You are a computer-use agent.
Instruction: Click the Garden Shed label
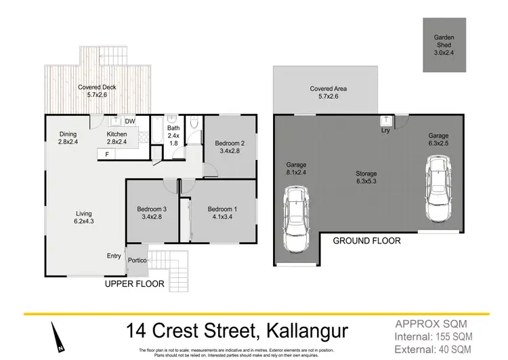pos(444,43)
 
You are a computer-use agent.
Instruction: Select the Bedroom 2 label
pos(230,147)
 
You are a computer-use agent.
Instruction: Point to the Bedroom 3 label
pos(153,212)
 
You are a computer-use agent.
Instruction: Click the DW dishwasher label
pos(129,121)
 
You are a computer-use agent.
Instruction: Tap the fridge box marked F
pos(106,155)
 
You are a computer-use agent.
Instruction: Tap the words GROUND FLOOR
pos(366,241)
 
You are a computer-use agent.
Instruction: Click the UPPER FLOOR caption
pos(134,285)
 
